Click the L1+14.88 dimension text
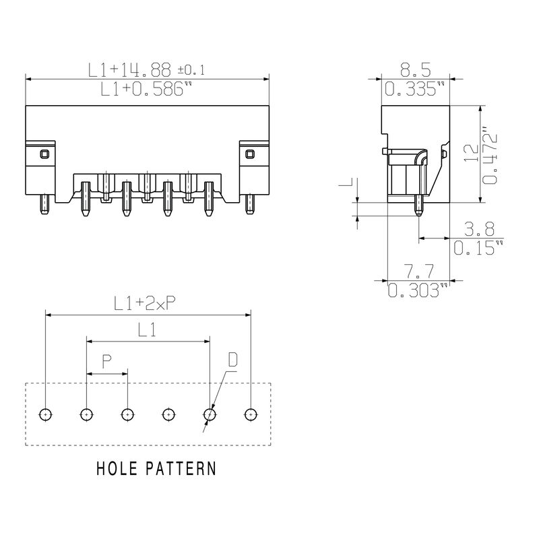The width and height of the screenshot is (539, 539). tap(129, 70)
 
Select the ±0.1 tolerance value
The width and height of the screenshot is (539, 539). tap(191, 71)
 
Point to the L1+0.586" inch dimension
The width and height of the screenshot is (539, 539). tap(146, 90)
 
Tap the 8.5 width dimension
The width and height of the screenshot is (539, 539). tap(415, 70)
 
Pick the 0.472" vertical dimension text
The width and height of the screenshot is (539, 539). tap(490, 156)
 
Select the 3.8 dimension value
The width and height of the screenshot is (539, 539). tap(479, 229)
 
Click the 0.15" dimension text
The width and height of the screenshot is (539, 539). tap(478, 247)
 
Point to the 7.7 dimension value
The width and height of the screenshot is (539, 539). tap(418, 272)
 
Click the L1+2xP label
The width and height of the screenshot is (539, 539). tap(145, 304)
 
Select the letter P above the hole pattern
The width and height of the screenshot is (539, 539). tap(107, 362)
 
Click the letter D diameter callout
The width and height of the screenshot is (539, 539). tap(232, 360)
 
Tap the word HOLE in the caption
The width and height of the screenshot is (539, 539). tap(117, 468)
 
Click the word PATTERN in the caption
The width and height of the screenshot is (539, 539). tap(181, 468)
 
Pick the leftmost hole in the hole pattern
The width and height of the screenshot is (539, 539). tap(45, 414)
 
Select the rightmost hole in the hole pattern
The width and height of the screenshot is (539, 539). tap(251, 414)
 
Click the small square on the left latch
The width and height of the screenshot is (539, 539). tap(44, 154)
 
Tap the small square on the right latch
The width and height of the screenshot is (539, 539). tap(249, 154)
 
